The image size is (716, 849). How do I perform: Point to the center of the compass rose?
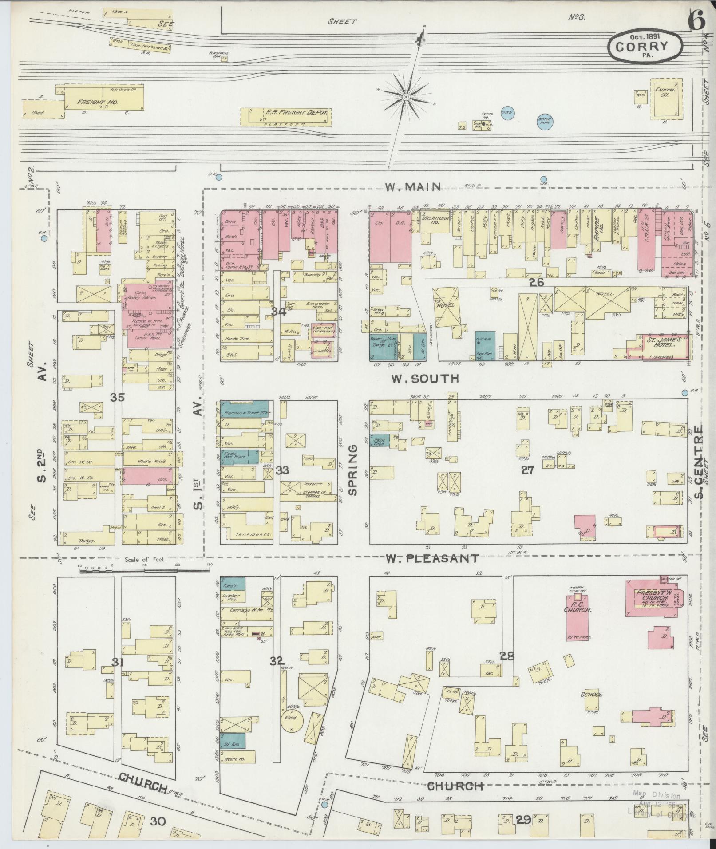(x=406, y=96)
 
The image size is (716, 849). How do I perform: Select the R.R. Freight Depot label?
(x=296, y=113)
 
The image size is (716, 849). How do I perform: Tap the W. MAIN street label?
(x=413, y=187)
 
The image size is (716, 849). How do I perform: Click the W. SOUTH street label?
(x=424, y=379)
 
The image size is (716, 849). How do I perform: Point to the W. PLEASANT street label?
(x=432, y=558)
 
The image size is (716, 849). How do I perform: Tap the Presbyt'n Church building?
(x=651, y=597)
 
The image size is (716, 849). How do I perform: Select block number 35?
(x=118, y=397)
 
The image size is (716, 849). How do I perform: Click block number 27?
(x=527, y=470)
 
